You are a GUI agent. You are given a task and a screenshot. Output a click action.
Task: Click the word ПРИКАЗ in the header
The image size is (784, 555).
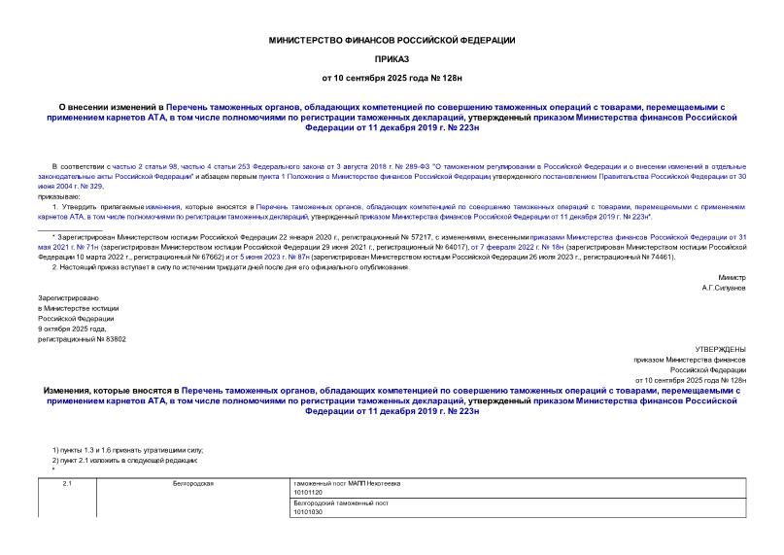pos(392,58)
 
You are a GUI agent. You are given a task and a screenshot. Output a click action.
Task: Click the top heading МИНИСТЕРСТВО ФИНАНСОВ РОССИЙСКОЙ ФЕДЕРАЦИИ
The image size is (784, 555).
pos(392,40)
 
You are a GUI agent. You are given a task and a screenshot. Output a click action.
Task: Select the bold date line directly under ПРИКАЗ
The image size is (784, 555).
pos(392,77)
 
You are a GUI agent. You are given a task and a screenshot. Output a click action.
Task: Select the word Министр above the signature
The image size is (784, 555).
pos(732,278)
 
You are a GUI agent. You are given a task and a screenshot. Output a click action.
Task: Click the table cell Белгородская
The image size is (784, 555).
pos(192,483)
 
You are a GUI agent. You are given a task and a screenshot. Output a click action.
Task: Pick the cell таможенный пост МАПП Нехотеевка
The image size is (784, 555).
pos(346,483)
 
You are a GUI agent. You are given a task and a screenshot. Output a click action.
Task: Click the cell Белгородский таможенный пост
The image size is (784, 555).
pos(340,503)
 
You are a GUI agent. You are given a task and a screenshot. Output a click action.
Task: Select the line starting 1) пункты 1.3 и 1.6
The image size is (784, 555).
pos(127,450)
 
